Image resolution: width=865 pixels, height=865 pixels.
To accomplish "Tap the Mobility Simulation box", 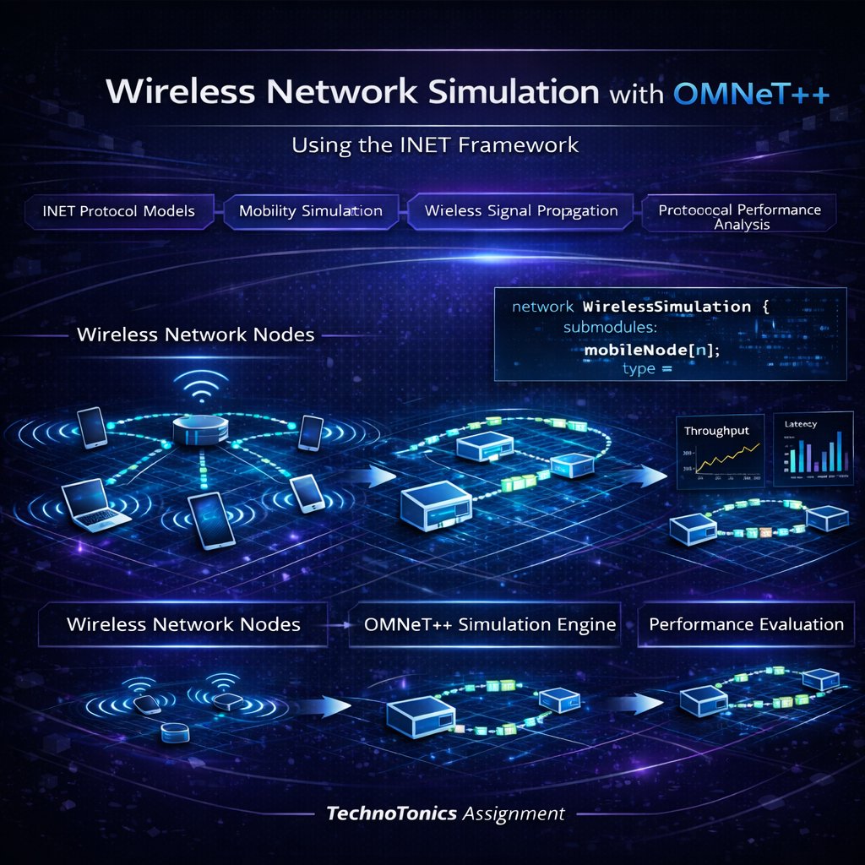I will pyautogui.click(x=310, y=210).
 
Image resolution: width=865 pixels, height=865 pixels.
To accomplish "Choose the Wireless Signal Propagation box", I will pyautogui.click(x=520, y=210).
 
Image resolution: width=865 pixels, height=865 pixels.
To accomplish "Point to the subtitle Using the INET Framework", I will pyautogui.click(x=435, y=144).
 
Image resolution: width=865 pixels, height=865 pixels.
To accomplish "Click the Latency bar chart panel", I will pyautogui.click(x=813, y=450).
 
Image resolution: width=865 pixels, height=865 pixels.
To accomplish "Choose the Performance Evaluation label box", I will pyautogui.click(x=746, y=625).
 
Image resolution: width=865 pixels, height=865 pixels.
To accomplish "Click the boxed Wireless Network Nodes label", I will pyautogui.click(x=183, y=625).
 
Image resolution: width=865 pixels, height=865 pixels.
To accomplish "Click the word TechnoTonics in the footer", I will pyautogui.click(x=392, y=814).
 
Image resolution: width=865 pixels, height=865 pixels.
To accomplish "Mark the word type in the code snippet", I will pyautogui.click(x=639, y=368).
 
